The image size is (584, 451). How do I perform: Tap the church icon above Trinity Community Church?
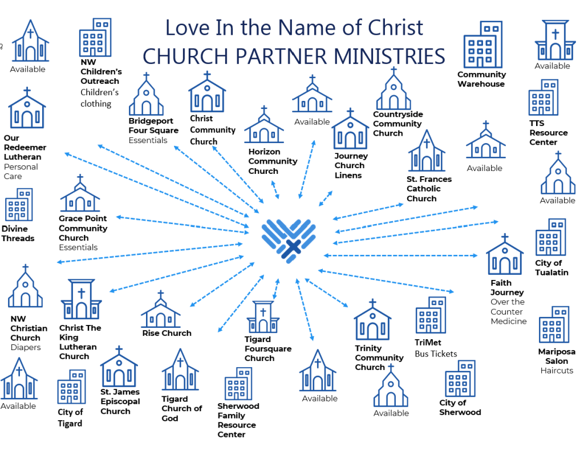tap(372, 320)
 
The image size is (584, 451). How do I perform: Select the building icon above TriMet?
tap(431, 315)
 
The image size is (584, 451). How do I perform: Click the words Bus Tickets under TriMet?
tap(436, 354)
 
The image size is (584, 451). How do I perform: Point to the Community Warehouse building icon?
tap(482, 45)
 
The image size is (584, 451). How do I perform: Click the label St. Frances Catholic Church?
tap(429, 189)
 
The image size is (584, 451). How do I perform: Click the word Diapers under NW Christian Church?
tap(26, 347)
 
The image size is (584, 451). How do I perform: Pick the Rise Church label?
tap(167, 333)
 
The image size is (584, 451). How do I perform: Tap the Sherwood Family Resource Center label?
tap(238, 420)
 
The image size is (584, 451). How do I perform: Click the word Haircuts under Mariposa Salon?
tap(557, 371)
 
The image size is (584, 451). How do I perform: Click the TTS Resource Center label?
tap(548, 133)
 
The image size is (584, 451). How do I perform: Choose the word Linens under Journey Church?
tap(348, 175)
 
